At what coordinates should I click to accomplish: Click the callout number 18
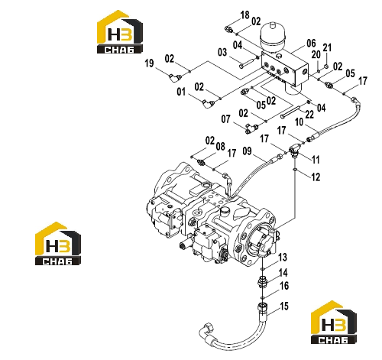(x=244, y=15)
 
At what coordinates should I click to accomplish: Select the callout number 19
(x=150, y=63)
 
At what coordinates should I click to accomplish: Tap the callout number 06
(x=311, y=44)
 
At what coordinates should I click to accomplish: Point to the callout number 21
(x=327, y=47)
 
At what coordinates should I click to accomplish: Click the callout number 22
(x=309, y=115)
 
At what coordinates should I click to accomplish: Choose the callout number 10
(x=299, y=122)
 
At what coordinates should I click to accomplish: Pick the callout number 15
(x=284, y=306)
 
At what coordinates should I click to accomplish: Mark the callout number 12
(x=316, y=177)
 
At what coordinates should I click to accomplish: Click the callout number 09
(x=247, y=151)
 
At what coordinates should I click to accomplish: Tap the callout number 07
(x=225, y=119)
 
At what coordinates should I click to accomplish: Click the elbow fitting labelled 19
(x=175, y=77)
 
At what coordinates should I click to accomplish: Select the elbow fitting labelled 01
(x=208, y=103)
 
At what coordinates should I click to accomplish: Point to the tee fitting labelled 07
(x=251, y=128)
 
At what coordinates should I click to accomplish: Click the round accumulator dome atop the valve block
(x=272, y=36)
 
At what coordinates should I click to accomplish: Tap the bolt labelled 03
(x=247, y=63)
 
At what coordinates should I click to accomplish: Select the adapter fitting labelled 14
(x=262, y=282)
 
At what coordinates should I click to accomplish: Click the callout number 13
(x=283, y=258)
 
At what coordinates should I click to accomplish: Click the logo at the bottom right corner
(x=334, y=323)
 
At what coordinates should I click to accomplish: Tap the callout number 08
(x=221, y=147)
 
